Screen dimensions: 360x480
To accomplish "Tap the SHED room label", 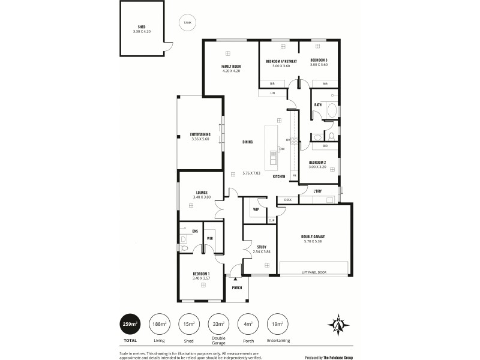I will pos(142,27).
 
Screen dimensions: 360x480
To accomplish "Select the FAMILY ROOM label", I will pos(231,66).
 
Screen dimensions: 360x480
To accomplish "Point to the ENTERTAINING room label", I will pos(200,134).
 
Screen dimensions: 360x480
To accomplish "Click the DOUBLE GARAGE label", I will pos(313,236).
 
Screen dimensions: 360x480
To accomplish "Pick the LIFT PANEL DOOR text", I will pos(314,272).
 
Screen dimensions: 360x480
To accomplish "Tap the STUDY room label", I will pos(262,247).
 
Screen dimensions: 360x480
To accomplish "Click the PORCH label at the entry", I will pos(236,287).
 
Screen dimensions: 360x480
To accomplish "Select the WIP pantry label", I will pos(256,209).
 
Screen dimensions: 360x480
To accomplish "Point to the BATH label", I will pos(318,105).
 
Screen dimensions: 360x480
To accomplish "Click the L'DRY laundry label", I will pos(318,191).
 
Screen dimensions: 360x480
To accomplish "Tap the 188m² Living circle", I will pos(160,325).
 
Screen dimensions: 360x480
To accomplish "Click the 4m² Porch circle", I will pos(247,325).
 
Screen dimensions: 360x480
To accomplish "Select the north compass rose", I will pos(338,325).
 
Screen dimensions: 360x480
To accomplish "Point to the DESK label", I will pos(287,200).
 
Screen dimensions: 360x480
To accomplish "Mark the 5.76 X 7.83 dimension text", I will pos(253,173).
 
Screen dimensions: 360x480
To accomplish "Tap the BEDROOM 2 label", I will pos(318,163).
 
